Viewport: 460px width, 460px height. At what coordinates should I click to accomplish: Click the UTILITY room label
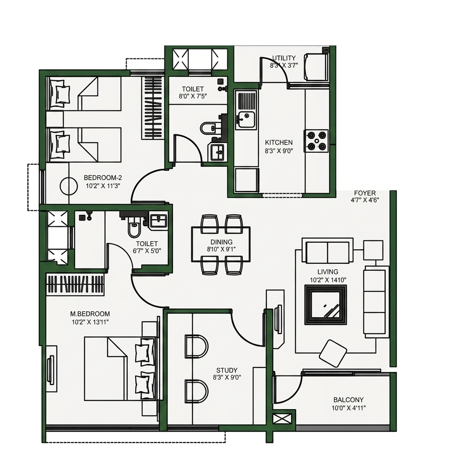284,58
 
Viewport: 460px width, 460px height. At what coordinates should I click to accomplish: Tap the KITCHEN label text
279,142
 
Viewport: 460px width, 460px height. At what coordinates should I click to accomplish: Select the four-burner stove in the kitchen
316,141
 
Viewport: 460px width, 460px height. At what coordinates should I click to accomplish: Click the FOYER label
365,193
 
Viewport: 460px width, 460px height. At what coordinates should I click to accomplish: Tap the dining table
221,244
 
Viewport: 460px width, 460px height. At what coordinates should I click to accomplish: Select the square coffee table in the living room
325,305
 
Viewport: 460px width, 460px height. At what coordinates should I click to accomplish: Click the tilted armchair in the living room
333,353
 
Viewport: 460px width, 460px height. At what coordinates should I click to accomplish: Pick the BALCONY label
349,400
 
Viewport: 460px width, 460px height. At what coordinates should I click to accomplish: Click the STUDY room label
227,371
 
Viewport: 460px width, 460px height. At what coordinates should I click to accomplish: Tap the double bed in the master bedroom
119,368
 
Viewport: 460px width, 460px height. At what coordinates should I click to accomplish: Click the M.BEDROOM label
90,314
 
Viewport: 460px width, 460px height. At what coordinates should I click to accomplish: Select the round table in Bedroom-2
69,186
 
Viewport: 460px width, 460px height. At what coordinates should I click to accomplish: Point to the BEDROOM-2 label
103,178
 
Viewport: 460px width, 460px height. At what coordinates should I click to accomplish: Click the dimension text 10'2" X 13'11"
90,322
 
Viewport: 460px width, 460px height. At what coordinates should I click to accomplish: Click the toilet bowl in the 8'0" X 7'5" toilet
209,128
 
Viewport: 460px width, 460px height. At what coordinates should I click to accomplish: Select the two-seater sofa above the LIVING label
327,251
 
